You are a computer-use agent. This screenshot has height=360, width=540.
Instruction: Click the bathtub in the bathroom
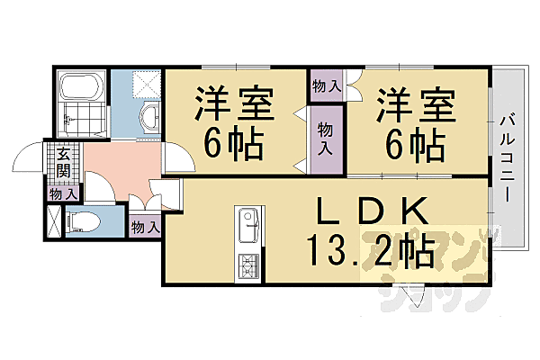click(x=80, y=90)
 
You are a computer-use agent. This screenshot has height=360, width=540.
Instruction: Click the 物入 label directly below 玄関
click(x=62, y=193)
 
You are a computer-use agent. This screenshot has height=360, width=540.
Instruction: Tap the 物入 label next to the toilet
click(x=144, y=227)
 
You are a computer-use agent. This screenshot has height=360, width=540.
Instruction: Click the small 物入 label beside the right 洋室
click(x=326, y=86)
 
